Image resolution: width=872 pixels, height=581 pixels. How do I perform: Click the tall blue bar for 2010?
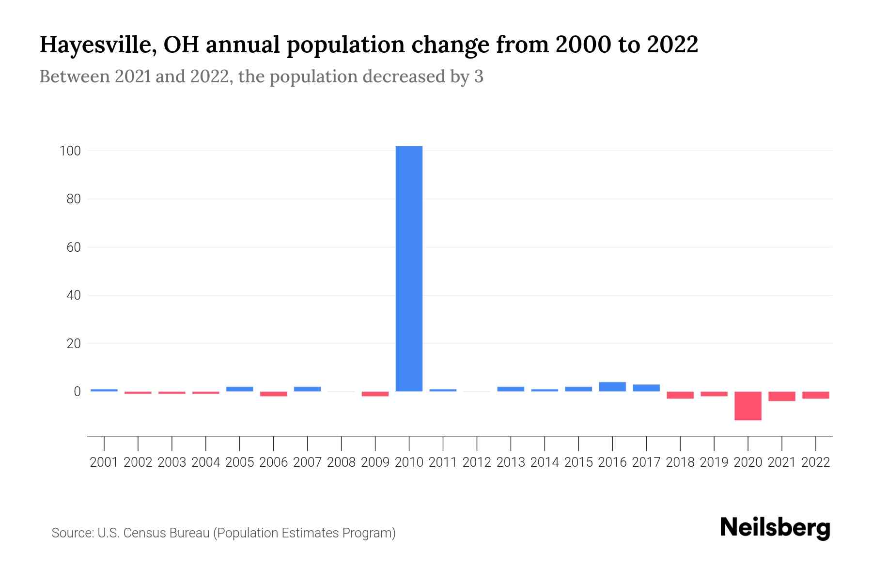[x=409, y=269]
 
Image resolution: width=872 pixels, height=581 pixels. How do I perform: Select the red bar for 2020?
[x=748, y=406]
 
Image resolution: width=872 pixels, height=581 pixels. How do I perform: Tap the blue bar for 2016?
[x=612, y=386]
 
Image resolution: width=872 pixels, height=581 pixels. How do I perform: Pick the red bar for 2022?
[x=816, y=395]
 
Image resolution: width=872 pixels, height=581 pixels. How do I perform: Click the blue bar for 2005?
[x=239, y=389]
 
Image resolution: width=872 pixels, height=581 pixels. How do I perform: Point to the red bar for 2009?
[x=375, y=394]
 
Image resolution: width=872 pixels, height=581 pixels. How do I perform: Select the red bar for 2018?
[x=680, y=395]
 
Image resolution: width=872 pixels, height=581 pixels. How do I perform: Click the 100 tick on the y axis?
[x=70, y=151]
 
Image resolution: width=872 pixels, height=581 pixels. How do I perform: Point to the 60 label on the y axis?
[x=73, y=247]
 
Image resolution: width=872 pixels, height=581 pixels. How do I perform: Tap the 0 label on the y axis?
[x=77, y=392]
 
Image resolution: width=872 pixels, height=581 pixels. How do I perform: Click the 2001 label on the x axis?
[x=104, y=462]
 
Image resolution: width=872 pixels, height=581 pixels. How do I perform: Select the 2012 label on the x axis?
[x=477, y=462]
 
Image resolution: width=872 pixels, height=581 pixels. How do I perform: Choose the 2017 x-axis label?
[x=646, y=462]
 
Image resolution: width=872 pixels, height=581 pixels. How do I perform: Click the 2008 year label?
[x=341, y=462]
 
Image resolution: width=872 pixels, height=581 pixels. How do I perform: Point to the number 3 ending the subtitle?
[x=479, y=76]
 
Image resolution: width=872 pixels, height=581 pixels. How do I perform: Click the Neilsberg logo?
[x=775, y=528]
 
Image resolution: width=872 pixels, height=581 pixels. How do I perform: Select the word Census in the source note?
[x=142, y=533]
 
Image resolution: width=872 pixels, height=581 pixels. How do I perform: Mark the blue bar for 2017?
[x=646, y=388]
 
